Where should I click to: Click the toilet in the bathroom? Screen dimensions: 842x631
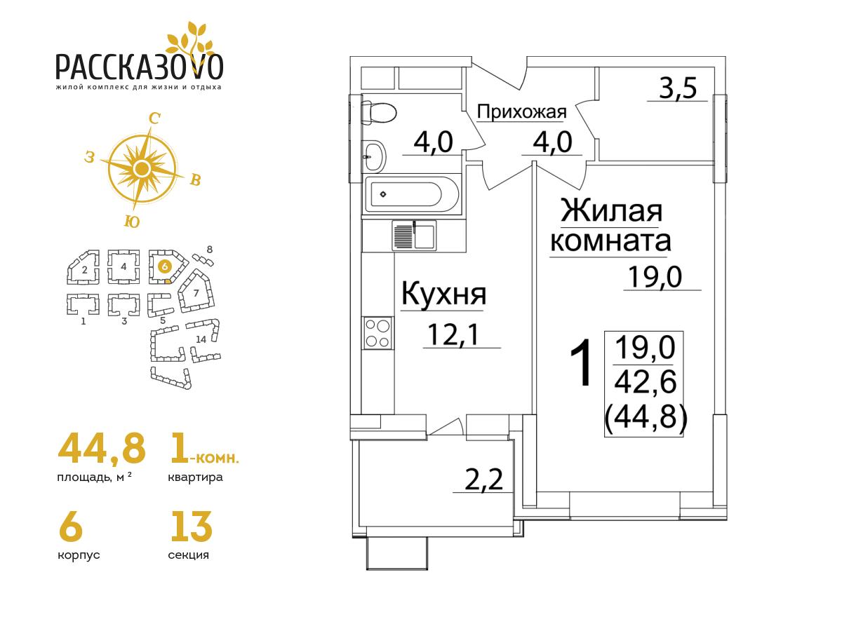point(379,113)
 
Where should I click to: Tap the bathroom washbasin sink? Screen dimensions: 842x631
point(373,156)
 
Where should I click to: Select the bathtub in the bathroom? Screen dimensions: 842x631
point(412,194)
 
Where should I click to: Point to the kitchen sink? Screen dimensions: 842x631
point(414,236)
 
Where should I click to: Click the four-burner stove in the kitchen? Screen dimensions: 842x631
point(377,333)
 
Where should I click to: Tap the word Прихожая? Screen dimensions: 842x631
point(521,112)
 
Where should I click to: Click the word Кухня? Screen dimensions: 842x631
point(444,294)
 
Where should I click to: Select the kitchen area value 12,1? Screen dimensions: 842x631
point(453,334)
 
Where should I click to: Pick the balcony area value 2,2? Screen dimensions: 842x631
point(483,480)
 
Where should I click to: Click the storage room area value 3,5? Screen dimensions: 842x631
point(678,88)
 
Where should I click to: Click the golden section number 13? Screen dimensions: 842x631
point(191,527)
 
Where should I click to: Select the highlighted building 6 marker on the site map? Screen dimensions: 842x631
point(165,266)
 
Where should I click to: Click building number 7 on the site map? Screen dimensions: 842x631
point(196,292)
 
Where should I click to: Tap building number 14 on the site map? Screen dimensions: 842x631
point(201,339)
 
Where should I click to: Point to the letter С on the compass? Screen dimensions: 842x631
point(154,119)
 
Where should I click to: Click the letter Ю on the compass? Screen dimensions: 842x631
point(132,222)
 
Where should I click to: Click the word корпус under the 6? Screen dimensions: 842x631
point(79,555)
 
